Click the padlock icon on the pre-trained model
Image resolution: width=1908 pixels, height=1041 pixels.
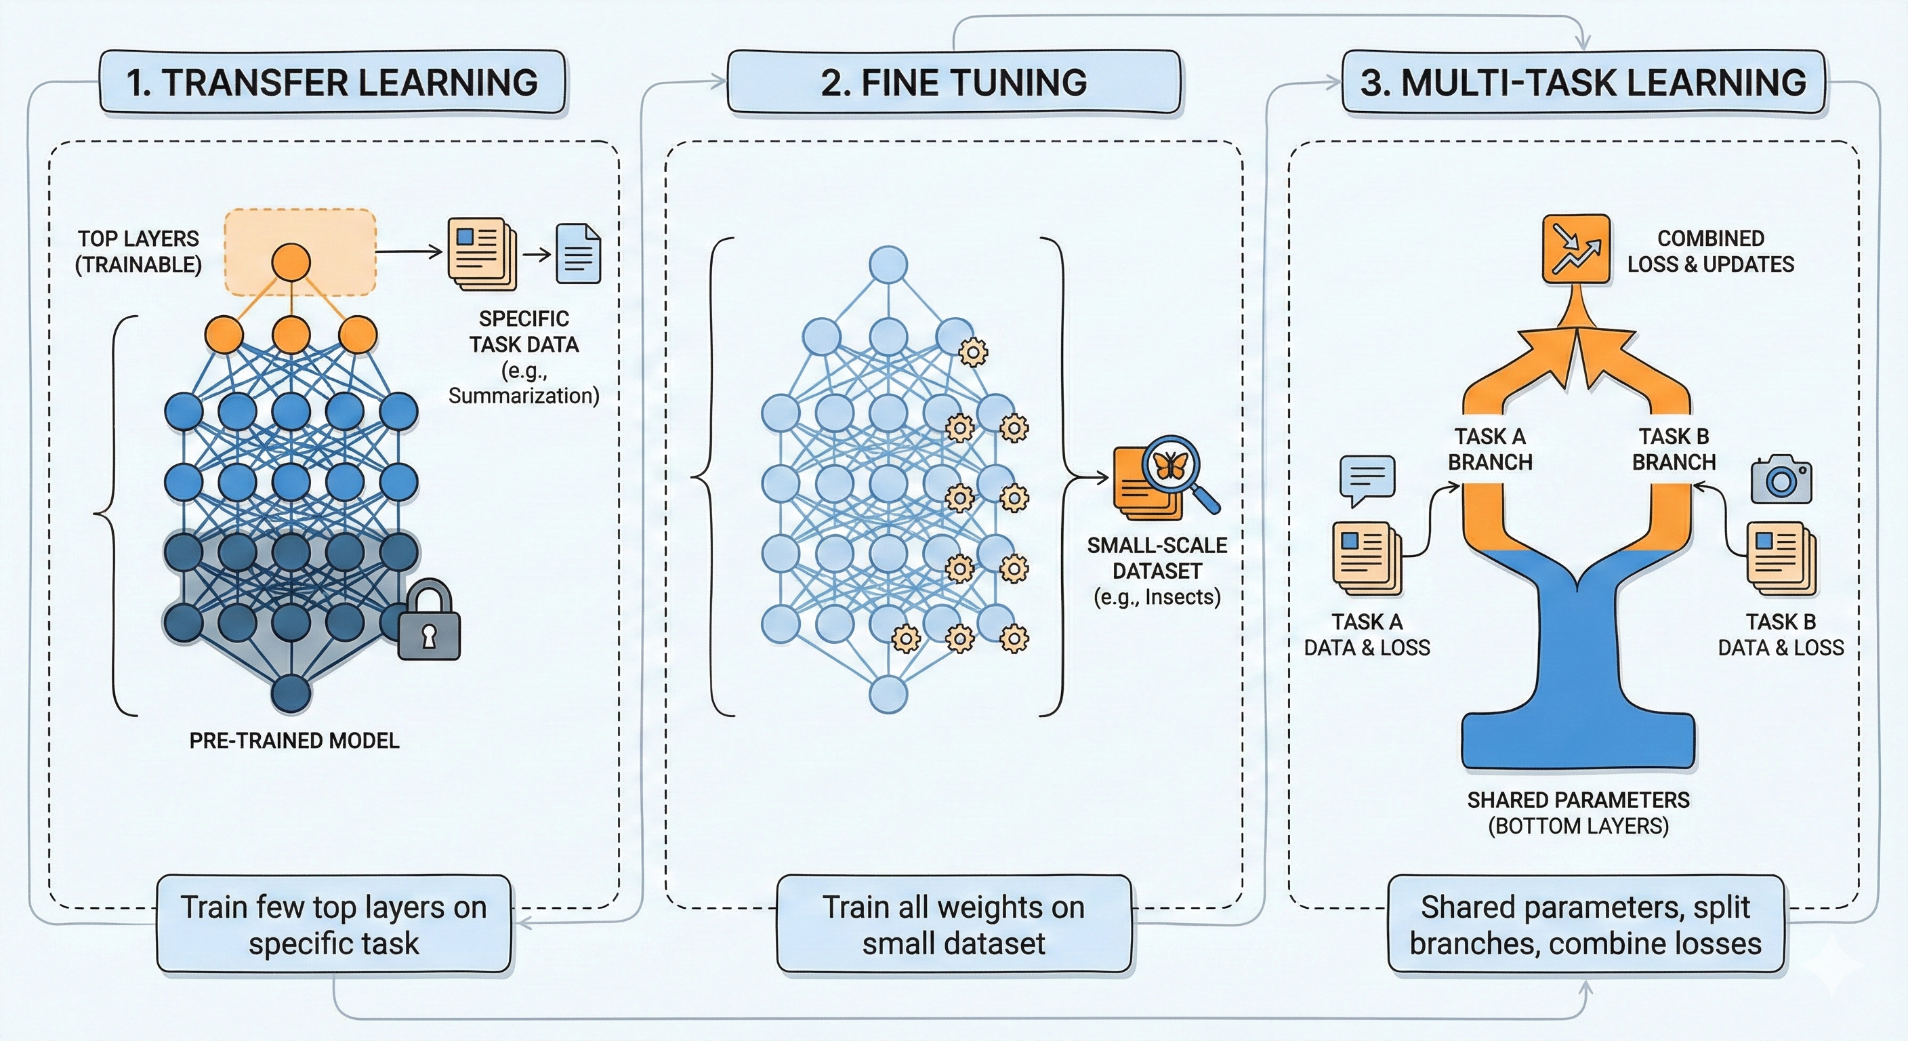tap(429, 621)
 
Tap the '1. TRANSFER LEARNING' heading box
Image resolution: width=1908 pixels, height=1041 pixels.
tap(332, 82)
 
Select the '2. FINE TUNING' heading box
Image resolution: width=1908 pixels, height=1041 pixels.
tap(953, 82)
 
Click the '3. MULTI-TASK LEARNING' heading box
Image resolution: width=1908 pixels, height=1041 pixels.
tap(1583, 82)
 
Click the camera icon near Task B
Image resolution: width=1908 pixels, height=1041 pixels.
tap(1781, 480)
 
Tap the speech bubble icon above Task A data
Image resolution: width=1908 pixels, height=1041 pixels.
tap(1367, 478)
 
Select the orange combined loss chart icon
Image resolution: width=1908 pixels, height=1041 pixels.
tap(1576, 249)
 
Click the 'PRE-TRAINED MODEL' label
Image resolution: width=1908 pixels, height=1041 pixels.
tap(294, 740)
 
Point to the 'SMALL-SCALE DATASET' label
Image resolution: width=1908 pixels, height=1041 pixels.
tap(1157, 558)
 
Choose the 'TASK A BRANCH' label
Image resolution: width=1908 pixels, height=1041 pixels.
tap(1489, 449)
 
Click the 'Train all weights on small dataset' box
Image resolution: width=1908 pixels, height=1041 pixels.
tap(953, 924)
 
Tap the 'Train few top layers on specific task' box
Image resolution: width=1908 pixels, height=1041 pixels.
tap(333, 924)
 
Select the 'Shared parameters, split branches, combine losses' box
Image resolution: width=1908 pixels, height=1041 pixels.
tap(1585, 924)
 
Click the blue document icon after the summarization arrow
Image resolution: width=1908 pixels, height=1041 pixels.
tap(579, 253)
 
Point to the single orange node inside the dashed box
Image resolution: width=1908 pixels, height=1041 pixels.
tap(291, 264)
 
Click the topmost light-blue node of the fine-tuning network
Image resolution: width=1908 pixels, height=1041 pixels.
tap(888, 265)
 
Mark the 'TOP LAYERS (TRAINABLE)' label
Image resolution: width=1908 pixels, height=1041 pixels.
tap(138, 252)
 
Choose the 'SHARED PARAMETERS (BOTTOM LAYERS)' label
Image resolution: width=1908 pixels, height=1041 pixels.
tap(1579, 813)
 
